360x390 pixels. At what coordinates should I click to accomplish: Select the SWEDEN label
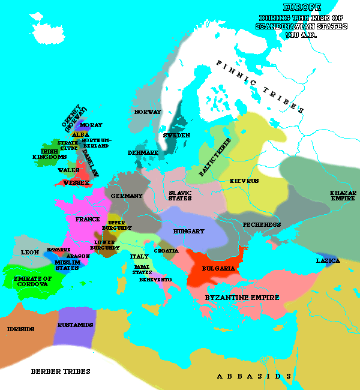tap(176, 136)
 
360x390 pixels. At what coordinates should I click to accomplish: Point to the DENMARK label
tap(143, 153)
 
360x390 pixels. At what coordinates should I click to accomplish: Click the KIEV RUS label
tap(244, 180)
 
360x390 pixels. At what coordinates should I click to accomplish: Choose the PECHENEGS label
tap(262, 224)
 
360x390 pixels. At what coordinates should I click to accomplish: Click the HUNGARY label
tap(189, 231)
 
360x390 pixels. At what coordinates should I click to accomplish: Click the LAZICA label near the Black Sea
tap(328, 261)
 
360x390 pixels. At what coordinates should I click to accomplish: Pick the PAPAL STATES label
tap(142, 269)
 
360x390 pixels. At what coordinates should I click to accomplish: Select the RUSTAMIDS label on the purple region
tap(74, 325)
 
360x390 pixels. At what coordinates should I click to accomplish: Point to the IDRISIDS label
tap(20, 329)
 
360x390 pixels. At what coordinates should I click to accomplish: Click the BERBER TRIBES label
tap(61, 371)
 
